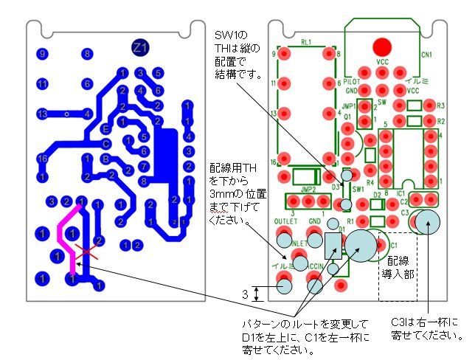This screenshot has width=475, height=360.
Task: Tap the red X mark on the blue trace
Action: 86,255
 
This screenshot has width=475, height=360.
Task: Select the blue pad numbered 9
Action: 42,54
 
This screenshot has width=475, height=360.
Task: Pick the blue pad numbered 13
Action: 42,114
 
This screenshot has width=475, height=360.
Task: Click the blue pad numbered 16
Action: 42,159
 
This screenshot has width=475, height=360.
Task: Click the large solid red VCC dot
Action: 381,44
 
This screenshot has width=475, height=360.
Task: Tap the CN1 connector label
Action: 426,55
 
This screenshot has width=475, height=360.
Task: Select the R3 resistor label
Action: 440,105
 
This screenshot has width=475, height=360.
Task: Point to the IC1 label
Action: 401,192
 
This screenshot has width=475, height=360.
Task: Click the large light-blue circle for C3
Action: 427,221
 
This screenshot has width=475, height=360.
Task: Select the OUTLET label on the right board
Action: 285,221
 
